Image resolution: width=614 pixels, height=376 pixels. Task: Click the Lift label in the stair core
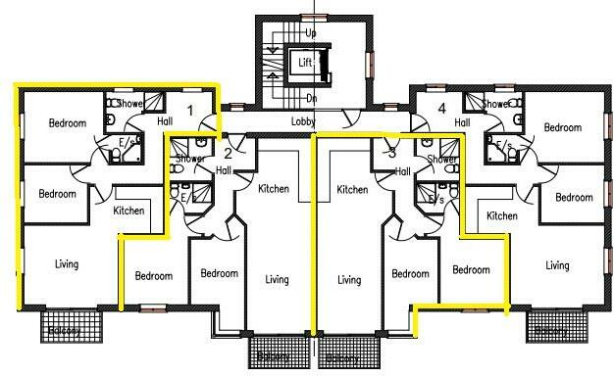click(304, 62)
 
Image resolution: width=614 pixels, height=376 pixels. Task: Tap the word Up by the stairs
click(311, 33)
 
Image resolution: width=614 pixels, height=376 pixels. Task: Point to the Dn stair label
click(311, 98)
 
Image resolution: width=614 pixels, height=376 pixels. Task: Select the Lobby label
click(303, 122)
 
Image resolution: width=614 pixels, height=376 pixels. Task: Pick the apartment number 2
click(228, 153)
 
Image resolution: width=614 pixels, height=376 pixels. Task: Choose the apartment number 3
click(392, 152)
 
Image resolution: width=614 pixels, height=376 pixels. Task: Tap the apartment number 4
click(441, 108)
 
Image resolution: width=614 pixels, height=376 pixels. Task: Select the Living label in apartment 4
click(557, 265)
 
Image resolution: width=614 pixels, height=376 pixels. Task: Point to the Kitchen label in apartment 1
click(128, 211)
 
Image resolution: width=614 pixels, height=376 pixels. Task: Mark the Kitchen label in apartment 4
click(502, 216)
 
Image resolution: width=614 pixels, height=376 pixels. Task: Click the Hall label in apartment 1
click(165, 121)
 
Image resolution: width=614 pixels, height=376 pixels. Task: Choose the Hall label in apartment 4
click(462, 122)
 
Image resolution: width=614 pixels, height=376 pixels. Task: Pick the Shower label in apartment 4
click(495, 104)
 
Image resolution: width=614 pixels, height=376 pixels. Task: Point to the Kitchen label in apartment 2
click(273, 188)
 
